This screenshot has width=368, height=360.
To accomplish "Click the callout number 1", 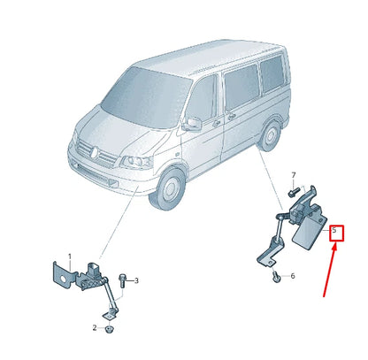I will point(70,257).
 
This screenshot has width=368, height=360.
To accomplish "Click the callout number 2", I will point(94,328).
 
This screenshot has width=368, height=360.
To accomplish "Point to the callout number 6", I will point(293,276).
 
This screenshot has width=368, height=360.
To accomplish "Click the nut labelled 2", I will point(108,329).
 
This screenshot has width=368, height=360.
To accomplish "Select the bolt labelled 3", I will point(124,281).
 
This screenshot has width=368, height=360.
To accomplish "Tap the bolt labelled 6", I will point(276,278).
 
